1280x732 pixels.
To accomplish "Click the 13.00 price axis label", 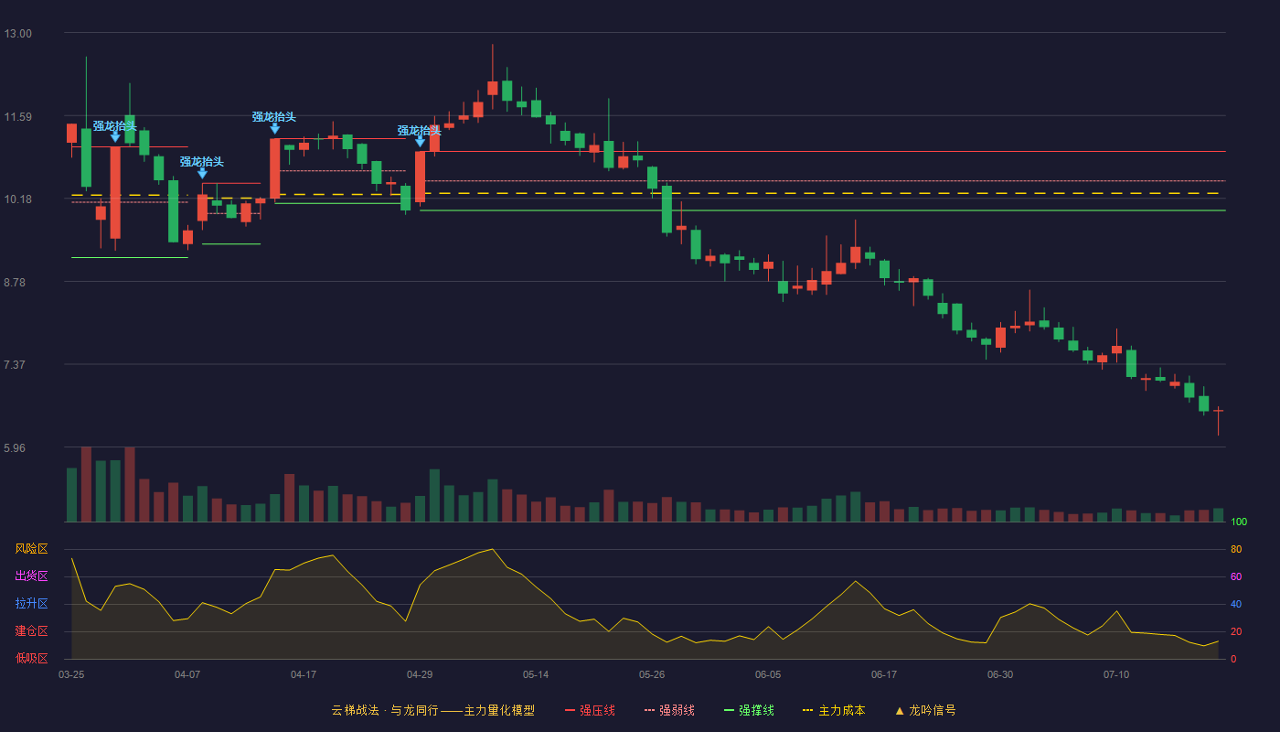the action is (17, 34).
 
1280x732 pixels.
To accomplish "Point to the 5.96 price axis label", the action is (15, 448).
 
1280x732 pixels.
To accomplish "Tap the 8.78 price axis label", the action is (15, 283).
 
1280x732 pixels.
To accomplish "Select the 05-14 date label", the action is (536, 675).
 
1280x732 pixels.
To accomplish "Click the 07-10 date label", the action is (1116, 675).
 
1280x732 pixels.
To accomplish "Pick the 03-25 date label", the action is (71, 675).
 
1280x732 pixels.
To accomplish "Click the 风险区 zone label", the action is (31, 549).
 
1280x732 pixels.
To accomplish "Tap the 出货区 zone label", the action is (31, 576).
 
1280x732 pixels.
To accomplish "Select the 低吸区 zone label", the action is (31, 658).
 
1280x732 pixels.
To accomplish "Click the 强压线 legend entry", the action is (590, 711).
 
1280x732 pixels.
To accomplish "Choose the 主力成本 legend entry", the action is (834, 711).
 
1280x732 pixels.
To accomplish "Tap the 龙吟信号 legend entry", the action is (925, 711).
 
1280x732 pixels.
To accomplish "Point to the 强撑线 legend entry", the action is (749, 711).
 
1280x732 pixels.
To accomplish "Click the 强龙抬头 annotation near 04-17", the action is (274, 117).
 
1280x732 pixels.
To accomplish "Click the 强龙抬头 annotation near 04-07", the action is (202, 162).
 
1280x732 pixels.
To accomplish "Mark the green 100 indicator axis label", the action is (1239, 522).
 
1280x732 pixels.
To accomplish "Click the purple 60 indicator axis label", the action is (1236, 577).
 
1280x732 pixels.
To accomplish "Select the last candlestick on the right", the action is (1218, 412).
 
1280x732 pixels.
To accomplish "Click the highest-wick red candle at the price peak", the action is (492, 88).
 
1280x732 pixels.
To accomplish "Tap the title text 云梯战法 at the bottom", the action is (355, 711).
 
